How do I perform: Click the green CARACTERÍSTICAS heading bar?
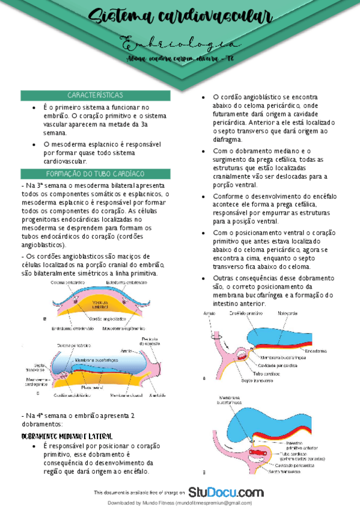click(96, 95)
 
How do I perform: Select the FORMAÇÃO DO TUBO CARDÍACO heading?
click(96, 173)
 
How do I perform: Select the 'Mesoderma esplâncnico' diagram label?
click(124, 328)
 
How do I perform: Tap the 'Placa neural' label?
click(94, 387)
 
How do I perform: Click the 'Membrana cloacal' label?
click(126, 395)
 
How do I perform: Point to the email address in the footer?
click(214, 503)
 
